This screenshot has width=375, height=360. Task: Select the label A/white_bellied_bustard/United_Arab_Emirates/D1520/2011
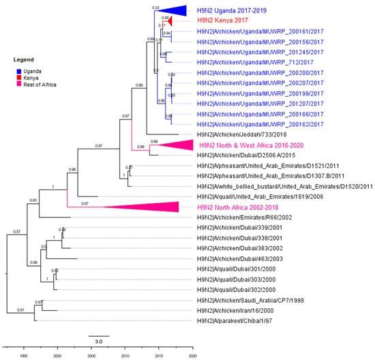[x=285, y=186]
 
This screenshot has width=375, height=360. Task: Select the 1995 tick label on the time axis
[x=23, y=355]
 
